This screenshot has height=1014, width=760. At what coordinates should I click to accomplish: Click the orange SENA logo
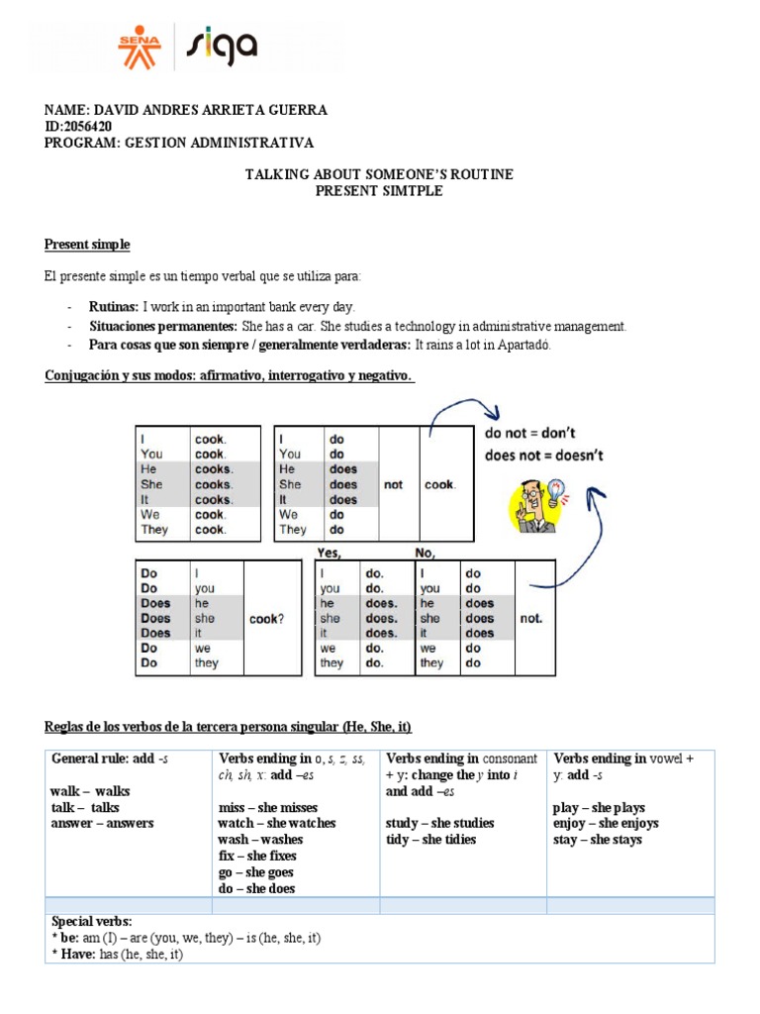tap(139, 46)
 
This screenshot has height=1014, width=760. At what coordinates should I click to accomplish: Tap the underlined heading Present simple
tap(87, 245)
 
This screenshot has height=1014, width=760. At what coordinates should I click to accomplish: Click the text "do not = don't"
tap(530, 433)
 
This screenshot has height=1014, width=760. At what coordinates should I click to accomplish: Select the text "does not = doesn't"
tap(543, 456)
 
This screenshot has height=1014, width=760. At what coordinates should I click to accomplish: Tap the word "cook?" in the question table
tap(267, 618)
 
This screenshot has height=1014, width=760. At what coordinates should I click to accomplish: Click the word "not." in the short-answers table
tap(531, 618)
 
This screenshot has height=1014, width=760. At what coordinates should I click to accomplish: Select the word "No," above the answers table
tap(427, 553)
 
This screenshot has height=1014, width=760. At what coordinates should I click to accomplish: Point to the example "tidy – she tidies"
tap(430, 840)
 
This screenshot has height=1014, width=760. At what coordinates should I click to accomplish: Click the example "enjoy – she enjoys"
tap(606, 824)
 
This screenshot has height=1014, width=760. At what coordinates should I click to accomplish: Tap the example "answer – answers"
tap(102, 824)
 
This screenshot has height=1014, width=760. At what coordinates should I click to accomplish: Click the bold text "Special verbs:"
tap(91, 921)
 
